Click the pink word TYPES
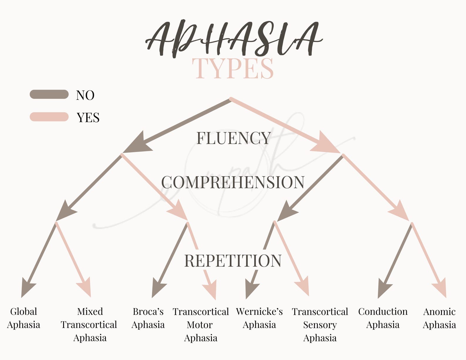(x=233, y=69)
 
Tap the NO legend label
(x=85, y=95)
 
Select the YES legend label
(x=88, y=118)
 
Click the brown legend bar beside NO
(x=49, y=94)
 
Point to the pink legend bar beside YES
(x=49, y=117)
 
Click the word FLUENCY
(x=233, y=138)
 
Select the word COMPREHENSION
(x=233, y=182)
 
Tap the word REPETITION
(x=233, y=261)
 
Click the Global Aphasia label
(x=23, y=318)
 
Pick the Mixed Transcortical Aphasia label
(x=89, y=324)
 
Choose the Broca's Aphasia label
(x=148, y=318)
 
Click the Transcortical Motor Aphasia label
(x=201, y=324)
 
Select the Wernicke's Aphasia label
(x=259, y=318)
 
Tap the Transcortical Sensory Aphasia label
(x=320, y=324)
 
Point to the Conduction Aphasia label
(x=383, y=318)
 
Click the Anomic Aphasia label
(x=439, y=318)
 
